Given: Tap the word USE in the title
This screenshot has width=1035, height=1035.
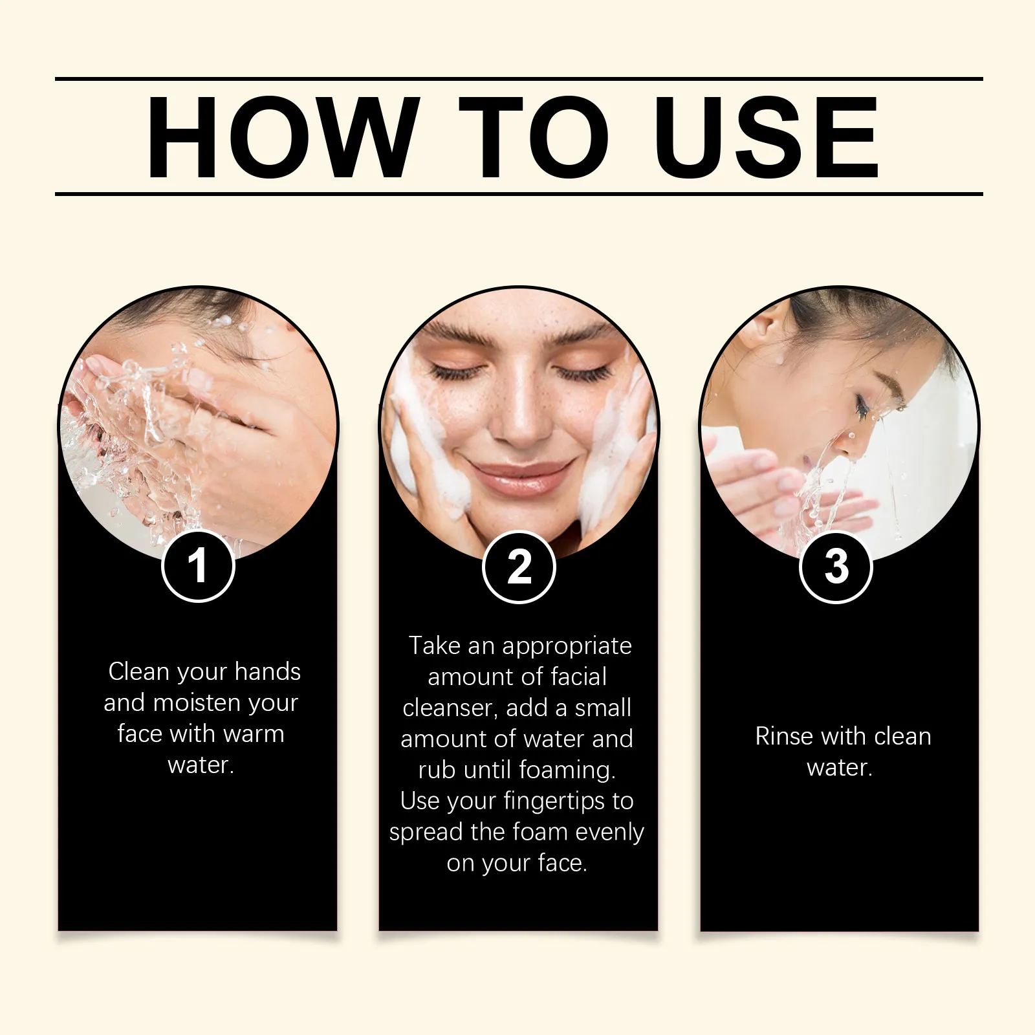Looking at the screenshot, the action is click(767, 137).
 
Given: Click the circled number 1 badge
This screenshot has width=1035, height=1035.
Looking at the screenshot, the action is click(198, 566).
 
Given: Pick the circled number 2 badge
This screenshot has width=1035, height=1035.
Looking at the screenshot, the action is click(519, 567).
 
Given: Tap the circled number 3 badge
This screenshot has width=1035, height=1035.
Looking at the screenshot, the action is click(836, 567).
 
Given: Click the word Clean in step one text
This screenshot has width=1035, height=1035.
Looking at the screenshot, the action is click(138, 671).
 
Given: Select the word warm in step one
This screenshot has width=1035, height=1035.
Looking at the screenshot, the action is click(254, 734).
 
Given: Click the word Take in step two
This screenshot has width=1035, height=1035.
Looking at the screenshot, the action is click(434, 646).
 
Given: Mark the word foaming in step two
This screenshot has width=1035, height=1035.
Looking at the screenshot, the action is click(567, 770).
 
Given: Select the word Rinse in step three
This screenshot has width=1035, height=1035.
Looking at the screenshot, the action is click(783, 736).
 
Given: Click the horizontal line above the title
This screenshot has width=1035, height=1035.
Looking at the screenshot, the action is click(519, 79).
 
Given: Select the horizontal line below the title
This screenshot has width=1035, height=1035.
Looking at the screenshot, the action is click(519, 193).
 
